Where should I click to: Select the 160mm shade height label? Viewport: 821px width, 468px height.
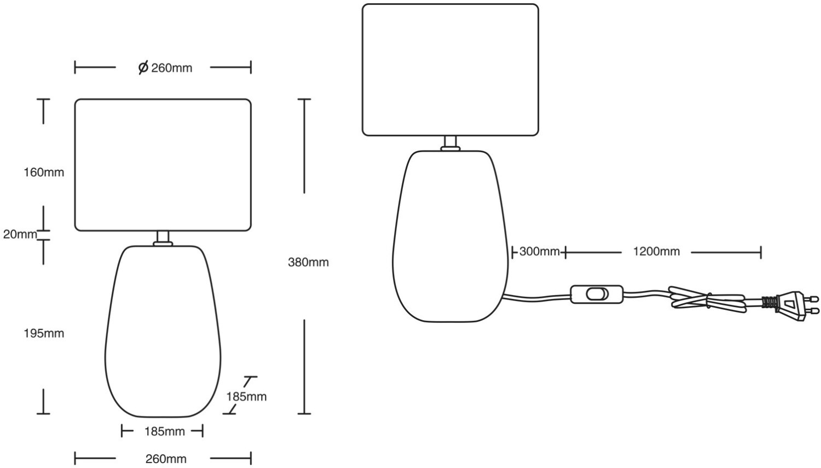coord(44,172)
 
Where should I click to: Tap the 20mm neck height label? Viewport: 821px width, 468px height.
coord(20,234)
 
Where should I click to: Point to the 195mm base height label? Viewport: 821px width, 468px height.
coord(44,333)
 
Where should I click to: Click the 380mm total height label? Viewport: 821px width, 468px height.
coord(308,262)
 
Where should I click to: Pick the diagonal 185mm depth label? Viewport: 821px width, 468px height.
coord(246,396)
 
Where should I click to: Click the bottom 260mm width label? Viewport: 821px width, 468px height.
coord(166,459)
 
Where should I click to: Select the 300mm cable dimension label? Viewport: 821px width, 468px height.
coord(539,252)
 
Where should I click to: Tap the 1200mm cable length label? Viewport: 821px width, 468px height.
coord(656,252)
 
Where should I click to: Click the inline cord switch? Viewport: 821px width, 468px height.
coord(597,294)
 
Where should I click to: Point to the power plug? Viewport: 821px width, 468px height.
coord(794,305)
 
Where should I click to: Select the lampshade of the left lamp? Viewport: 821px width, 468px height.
coord(163,164)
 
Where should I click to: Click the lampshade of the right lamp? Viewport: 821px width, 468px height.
coord(450,70)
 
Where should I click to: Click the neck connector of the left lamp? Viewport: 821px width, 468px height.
coord(163,238)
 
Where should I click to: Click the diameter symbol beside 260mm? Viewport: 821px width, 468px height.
coord(143,68)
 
